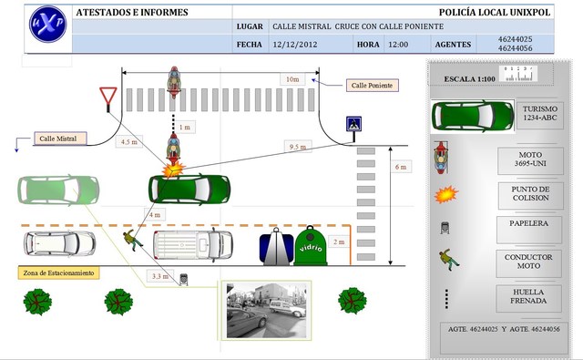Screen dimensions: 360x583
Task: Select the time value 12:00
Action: click(x=398, y=44)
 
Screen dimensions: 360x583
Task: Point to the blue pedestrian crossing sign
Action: click(x=352, y=125)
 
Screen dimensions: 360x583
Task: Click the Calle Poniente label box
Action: click(x=372, y=85)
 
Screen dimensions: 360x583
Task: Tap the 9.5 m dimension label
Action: click(x=295, y=147)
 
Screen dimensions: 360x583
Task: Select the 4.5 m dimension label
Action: click(x=128, y=141)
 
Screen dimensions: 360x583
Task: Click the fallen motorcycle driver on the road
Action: click(x=135, y=240)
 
